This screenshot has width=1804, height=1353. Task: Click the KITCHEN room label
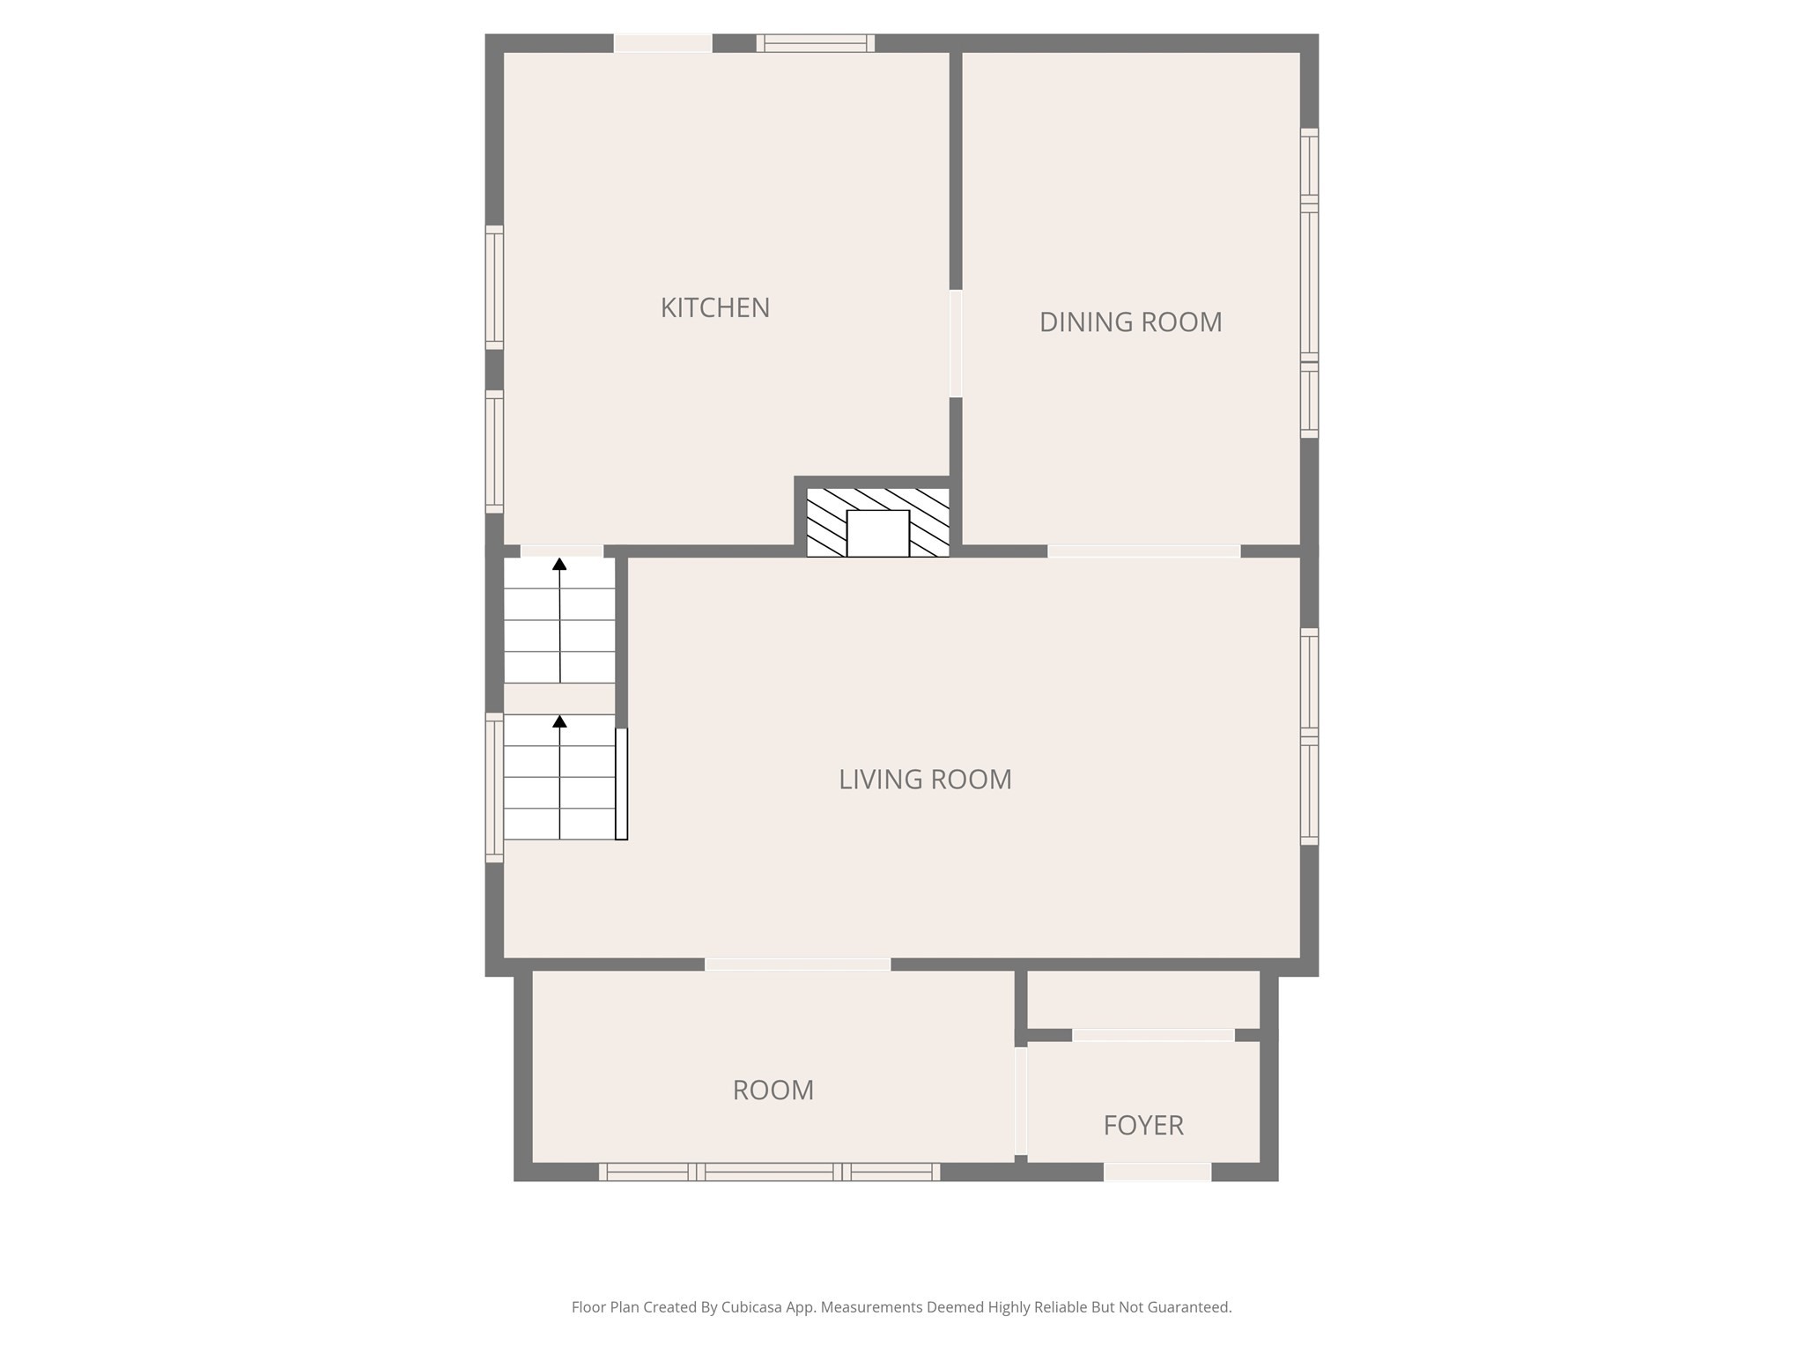(714, 307)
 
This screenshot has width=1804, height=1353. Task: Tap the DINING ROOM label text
(1130, 322)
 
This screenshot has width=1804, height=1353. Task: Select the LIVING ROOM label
(925, 780)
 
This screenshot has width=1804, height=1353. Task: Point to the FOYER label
(1142, 1125)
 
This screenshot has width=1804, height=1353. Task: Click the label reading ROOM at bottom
(773, 1091)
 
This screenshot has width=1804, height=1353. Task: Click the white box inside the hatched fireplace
(877, 533)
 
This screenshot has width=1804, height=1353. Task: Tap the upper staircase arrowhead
(559, 565)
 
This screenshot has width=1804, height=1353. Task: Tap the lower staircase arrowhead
(559, 722)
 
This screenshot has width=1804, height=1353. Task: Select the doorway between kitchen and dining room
(955, 344)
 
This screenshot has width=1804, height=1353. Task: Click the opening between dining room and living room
(1143, 551)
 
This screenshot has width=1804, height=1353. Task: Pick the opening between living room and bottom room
(797, 965)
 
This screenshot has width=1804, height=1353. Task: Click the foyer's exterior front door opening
(1157, 1172)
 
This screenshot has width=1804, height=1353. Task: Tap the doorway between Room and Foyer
(1020, 1100)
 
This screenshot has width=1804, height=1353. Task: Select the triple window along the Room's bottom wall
(769, 1172)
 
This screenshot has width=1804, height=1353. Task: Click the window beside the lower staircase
(494, 787)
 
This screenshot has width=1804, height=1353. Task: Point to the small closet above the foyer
(1142, 999)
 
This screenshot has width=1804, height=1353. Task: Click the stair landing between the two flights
(558, 699)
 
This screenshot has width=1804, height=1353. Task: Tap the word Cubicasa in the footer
(754, 1307)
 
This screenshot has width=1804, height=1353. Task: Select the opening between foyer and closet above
(1152, 1035)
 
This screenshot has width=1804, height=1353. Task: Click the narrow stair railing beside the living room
(621, 784)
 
